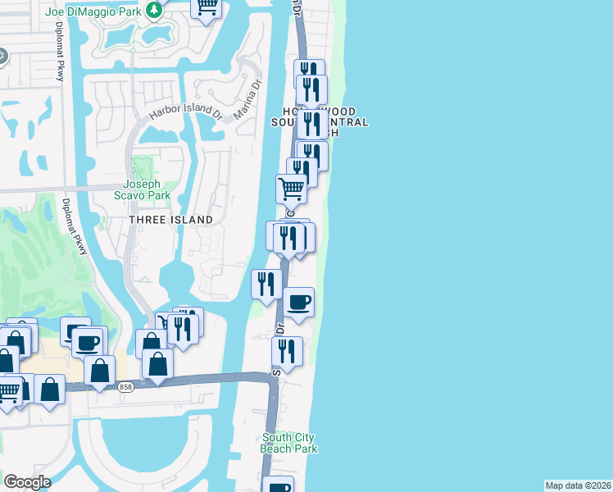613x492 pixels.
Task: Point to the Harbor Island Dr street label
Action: tap(184, 112)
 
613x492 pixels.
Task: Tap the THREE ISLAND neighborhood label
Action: tap(170, 220)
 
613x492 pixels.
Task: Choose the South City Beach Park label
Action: tap(289, 443)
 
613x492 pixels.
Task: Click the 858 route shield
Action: tap(125, 387)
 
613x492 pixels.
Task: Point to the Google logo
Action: tap(27, 482)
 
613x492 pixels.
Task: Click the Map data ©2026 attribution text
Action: tap(578, 485)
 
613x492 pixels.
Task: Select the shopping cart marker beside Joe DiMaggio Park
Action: tap(207, 7)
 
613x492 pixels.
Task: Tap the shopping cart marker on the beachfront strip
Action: tap(291, 189)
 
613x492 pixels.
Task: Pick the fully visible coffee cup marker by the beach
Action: tap(298, 302)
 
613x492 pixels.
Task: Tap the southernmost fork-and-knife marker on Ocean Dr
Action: tap(287, 351)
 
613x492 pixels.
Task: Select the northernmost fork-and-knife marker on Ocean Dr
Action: tap(309, 72)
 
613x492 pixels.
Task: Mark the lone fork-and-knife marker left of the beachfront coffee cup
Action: tap(266, 284)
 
